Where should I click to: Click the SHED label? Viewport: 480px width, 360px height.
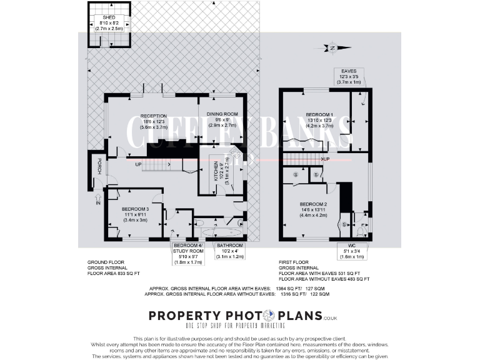coord(109,18)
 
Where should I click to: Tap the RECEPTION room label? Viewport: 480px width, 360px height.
coord(152,116)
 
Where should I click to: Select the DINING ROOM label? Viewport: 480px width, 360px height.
coord(221,113)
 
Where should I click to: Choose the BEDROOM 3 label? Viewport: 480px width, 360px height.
coord(135,209)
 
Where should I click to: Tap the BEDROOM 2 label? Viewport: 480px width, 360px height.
coord(314,204)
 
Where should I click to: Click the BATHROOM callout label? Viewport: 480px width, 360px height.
coord(229,246)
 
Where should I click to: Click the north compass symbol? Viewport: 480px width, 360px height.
coord(332,48)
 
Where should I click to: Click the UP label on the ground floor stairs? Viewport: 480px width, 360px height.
coord(137,165)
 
